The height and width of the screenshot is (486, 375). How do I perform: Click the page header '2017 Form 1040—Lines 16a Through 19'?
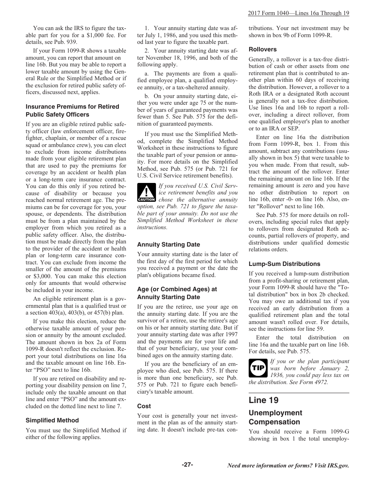(x=298, y=13)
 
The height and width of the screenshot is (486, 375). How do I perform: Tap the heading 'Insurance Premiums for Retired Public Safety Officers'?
(x=72, y=111)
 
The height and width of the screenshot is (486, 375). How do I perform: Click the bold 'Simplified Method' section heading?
(x=52, y=420)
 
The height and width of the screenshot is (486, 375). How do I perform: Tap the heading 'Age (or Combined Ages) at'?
(x=177, y=289)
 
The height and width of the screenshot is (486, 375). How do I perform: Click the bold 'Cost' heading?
(x=144, y=406)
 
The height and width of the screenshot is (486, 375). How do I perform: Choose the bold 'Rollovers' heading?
(x=262, y=49)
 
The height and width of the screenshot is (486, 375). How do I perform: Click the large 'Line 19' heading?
(x=263, y=400)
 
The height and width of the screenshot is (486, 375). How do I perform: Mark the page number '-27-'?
(x=187, y=465)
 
